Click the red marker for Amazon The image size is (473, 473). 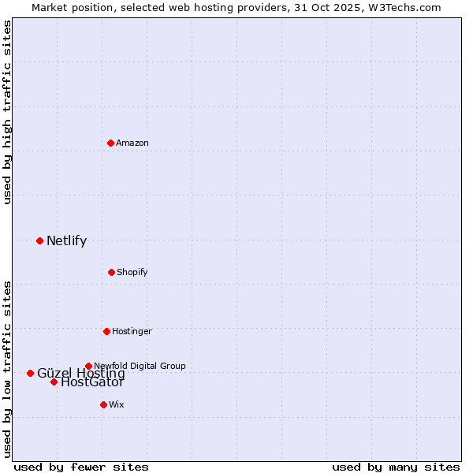click(x=110, y=143)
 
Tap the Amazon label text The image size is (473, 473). click(x=132, y=143)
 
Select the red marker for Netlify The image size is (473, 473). click(x=39, y=240)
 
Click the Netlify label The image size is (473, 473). click(x=66, y=241)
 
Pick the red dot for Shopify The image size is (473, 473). click(x=111, y=272)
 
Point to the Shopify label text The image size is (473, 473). click(x=132, y=272)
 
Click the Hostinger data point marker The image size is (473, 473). click(x=106, y=331)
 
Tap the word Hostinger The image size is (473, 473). click(x=132, y=331)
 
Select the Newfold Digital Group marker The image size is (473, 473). click(x=88, y=366)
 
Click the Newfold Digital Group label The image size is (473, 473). click(x=140, y=366)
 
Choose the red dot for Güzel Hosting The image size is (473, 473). click(x=30, y=373)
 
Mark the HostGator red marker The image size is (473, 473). click(x=54, y=382)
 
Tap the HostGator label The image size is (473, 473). click(x=92, y=383)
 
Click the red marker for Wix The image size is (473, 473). click(x=103, y=404)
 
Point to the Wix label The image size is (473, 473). click(x=117, y=404)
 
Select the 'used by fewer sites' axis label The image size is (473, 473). click(x=81, y=467)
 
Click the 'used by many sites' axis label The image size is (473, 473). click(x=396, y=467)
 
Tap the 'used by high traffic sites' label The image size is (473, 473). click(x=7, y=112)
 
